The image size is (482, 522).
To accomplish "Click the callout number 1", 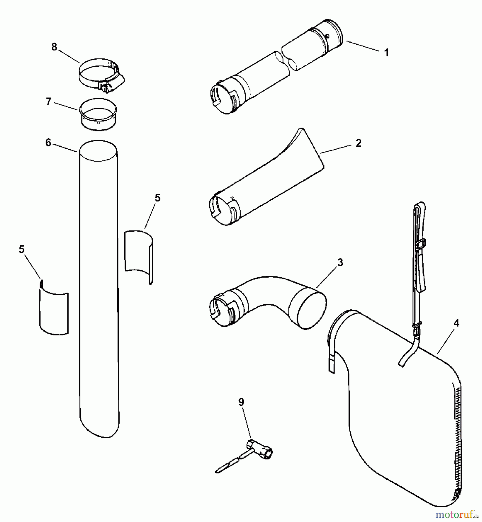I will point(386,53).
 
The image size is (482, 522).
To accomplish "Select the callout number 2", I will point(358,143).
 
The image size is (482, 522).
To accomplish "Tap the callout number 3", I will point(340,262).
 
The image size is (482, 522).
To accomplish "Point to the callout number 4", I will point(456,323).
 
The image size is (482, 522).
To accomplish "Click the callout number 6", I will point(48,143).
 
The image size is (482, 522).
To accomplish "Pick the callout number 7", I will point(49,102).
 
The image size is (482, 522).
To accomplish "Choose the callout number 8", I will point(54,47).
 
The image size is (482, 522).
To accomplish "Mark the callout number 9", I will point(241,402).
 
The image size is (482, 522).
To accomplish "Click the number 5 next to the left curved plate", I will point(21,249).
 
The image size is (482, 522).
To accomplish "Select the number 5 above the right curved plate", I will point(157,198).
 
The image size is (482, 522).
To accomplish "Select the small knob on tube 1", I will point(327,36).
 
